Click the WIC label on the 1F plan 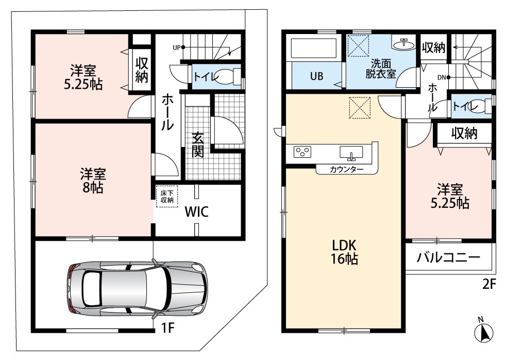197,211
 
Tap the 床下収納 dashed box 167,197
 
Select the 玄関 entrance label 198,145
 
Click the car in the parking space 138,288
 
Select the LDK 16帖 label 345,252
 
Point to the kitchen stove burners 303,152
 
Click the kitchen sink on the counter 351,153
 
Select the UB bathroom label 316,76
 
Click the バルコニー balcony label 449,257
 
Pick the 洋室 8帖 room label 93,181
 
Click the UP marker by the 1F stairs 179,47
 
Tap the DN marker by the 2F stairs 444,77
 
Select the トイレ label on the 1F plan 207,77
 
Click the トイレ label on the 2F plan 463,105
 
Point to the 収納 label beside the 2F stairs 433,47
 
